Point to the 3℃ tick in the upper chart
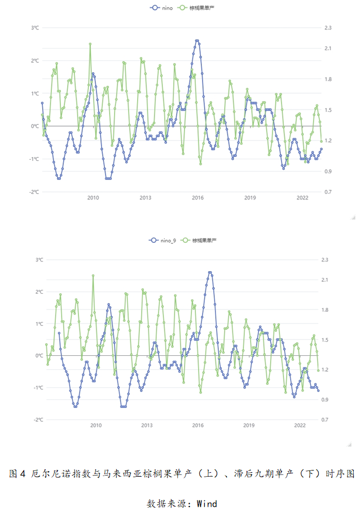[35, 28]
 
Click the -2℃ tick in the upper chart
[34, 192]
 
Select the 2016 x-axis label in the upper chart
[197, 198]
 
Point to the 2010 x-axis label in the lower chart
[95, 425]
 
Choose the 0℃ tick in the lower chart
[39, 356]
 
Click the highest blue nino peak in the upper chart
[197, 41]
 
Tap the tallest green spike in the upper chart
[90, 43]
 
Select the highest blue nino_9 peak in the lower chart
[210, 272]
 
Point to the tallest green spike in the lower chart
[93, 276]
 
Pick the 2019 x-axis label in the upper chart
[250, 198]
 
